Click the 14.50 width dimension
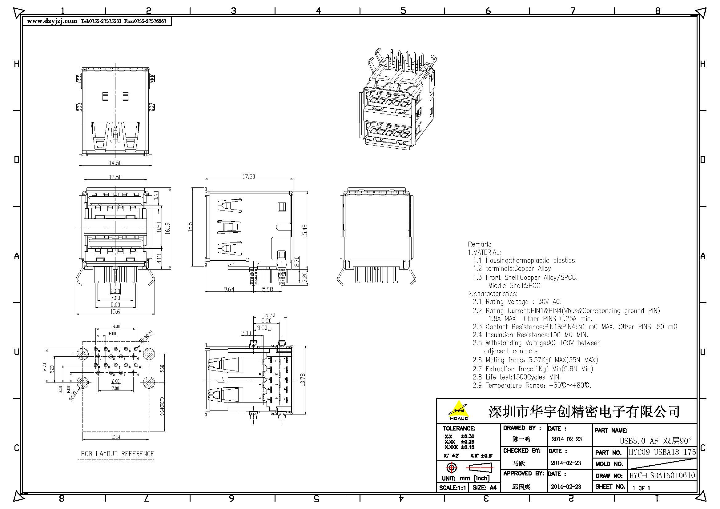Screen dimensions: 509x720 (115, 163)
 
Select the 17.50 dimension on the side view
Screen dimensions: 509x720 (248, 177)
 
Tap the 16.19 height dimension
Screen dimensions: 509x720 (167, 228)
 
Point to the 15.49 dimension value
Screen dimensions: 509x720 (305, 230)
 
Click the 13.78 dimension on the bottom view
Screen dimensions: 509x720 (303, 379)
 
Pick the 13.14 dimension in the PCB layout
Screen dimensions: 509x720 (115, 437)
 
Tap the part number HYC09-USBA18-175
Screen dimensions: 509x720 (662, 452)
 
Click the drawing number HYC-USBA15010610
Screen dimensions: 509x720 (662, 475)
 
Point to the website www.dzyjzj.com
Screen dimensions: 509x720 (52, 21)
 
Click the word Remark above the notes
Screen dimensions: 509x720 (480, 244)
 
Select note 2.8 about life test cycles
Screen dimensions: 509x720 (517, 377)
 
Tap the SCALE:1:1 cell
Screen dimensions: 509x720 (452, 488)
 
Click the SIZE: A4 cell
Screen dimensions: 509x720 (484, 488)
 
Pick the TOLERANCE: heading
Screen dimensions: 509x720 (459, 428)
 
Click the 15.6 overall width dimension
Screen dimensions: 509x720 (115, 311)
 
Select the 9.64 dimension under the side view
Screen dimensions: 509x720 (229, 289)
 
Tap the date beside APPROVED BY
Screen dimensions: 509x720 (566, 487)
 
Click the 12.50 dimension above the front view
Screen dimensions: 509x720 (115, 177)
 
